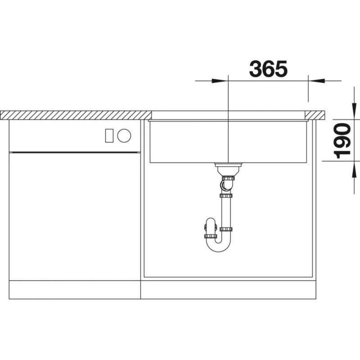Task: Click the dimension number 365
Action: (x=268, y=69)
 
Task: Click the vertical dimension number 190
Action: (x=342, y=141)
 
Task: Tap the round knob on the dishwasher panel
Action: (x=124, y=135)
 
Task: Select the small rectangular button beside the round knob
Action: (x=109, y=135)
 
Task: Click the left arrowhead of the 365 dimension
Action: (x=219, y=81)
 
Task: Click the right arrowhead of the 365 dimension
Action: (x=316, y=81)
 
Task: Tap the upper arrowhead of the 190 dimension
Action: (x=354, y=111)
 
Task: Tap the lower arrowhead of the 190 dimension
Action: (x=354, y=169)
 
